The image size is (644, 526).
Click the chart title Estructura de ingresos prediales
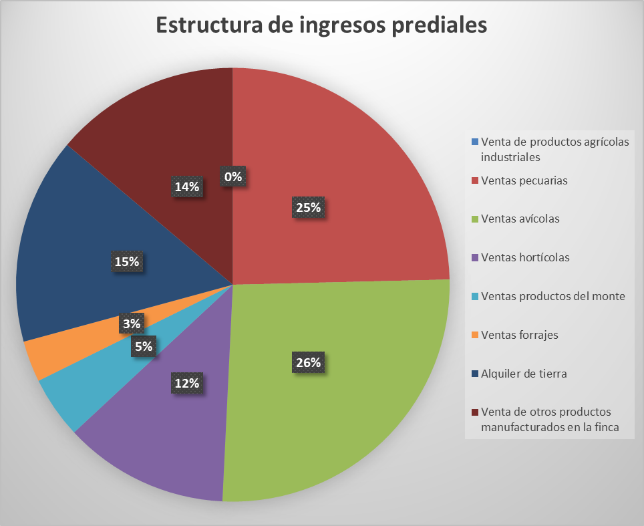point(321,25)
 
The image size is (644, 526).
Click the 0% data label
point(233,176)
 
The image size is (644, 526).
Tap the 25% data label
point(308,207)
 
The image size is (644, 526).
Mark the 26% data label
point(308,363)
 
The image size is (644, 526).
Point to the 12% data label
point(187,383)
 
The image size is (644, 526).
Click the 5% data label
point(143,346)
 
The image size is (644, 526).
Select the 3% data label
point(132,324)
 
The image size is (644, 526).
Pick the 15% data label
point(126,261)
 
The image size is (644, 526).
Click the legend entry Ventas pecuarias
point(524,180)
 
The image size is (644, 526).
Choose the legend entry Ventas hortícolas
point(525,257)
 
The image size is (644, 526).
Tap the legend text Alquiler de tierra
point(524,374)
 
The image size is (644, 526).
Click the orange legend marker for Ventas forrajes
point(474,335)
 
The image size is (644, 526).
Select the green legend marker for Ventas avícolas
point(474,219)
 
